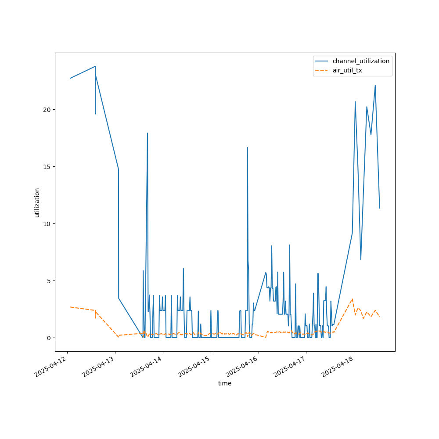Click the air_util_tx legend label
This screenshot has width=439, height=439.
click(x=347, y=70)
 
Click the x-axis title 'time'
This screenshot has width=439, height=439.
click(x=225, y=383)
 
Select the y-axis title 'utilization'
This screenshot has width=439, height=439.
click(x=37, y=202)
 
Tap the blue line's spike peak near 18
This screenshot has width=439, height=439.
click(x=148, y=133)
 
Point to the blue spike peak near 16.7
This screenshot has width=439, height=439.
click(x=247, y=148)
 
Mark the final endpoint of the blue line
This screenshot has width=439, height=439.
click(x=380, y=208)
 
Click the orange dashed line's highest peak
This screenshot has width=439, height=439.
click(x=352, y=299)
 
